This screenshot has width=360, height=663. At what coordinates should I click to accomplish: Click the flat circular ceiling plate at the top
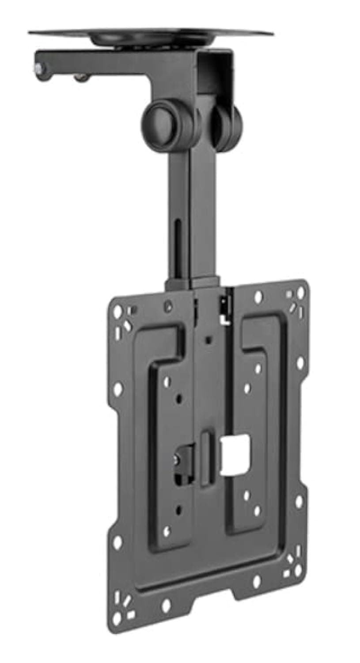pyautogui.click(x=150, y=34)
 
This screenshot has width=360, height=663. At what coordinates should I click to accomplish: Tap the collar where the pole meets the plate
pyautogui.click(x=193, y=283)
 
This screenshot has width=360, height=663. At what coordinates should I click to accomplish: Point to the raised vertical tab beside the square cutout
pyautogui.click(x=206, y=458)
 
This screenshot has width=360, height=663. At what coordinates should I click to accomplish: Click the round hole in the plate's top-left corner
pyautogui.click(x=117, y=312)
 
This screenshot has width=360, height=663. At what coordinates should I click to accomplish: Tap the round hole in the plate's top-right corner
pyautogui.click(x=300, y=292)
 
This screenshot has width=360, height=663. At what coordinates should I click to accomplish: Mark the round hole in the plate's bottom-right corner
pyautogui.click(x=298, y=570)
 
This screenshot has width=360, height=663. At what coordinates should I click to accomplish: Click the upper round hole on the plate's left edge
pyautogui.click(x=117, y=389)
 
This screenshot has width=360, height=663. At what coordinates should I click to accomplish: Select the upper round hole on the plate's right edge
pyautogui.click(x=300, y=363)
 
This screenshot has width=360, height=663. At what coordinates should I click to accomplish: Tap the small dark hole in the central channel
pyautogui.click(x=208, y=340)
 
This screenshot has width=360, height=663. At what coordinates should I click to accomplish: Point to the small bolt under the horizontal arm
pyautogui.click(x=80, y=78)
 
